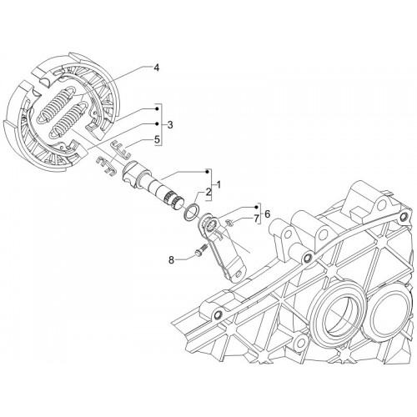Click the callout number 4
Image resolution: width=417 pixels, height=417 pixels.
click(x=157, y=68)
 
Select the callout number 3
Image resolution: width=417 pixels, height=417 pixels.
click(x=170, y=125)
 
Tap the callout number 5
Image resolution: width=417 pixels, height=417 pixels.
click(x=157, y=140)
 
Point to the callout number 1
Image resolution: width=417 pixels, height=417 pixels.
click(x=219, y=184)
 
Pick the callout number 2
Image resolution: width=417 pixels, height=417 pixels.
click(x=208, y=192)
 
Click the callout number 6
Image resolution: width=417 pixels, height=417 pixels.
click(x=267, y=214)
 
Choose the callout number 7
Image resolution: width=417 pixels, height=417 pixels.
click(x=255, y=219)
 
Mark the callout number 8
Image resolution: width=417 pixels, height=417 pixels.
click(x=171, y=260)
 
